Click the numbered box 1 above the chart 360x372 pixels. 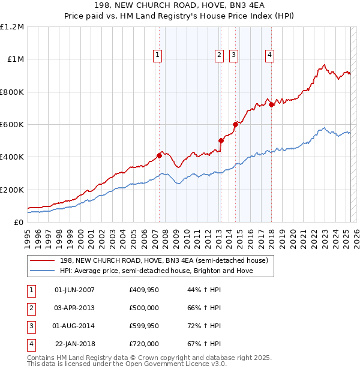point(157,55)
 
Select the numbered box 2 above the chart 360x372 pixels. point(220,55)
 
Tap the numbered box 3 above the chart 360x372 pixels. point(233,55)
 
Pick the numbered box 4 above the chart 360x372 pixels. point(270,55)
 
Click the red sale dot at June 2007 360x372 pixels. point(159,155)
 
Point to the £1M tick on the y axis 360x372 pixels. point(15,59)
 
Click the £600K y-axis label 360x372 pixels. point(13,125)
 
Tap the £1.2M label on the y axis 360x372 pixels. point(12,27)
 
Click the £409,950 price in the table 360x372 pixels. point(144,290)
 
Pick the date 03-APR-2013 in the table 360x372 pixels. point(74,308)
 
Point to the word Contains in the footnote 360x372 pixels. point(41,358)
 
